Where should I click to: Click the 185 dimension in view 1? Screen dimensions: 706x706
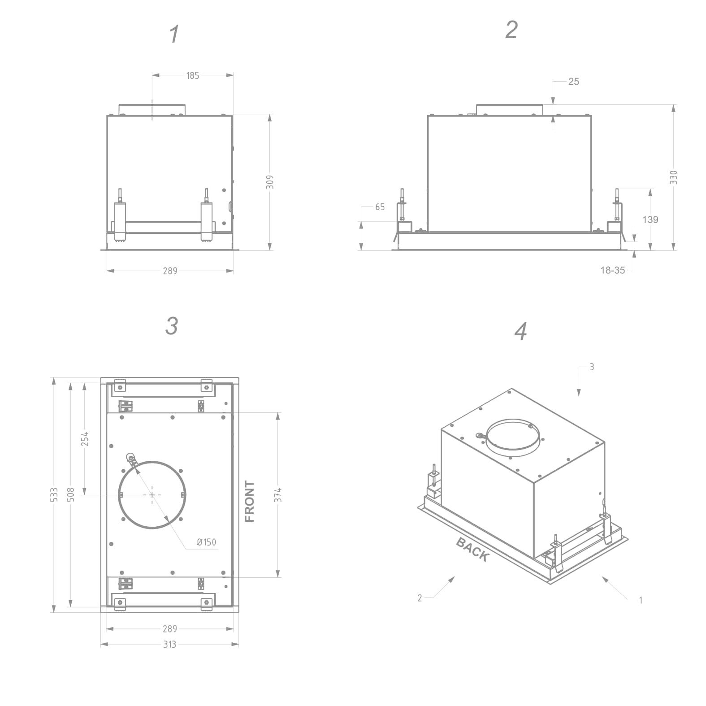[x=193, y=76]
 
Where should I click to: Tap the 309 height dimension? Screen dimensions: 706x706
[x=270, y=182]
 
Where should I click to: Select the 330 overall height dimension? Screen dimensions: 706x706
[x=674, y=178]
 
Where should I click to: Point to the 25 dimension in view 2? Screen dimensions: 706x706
[x=573, y=82]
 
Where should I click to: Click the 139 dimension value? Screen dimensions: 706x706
[x=650, y=220]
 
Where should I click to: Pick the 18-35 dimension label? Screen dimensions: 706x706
[x=613, y=270]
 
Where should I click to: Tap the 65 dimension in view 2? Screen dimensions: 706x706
[x=380, y=207]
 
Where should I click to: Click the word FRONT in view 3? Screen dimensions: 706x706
[x=250, y=502]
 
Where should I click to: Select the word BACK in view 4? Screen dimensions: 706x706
[x=472, y=550]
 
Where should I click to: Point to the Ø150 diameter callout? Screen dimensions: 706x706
[x=207, y=542]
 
